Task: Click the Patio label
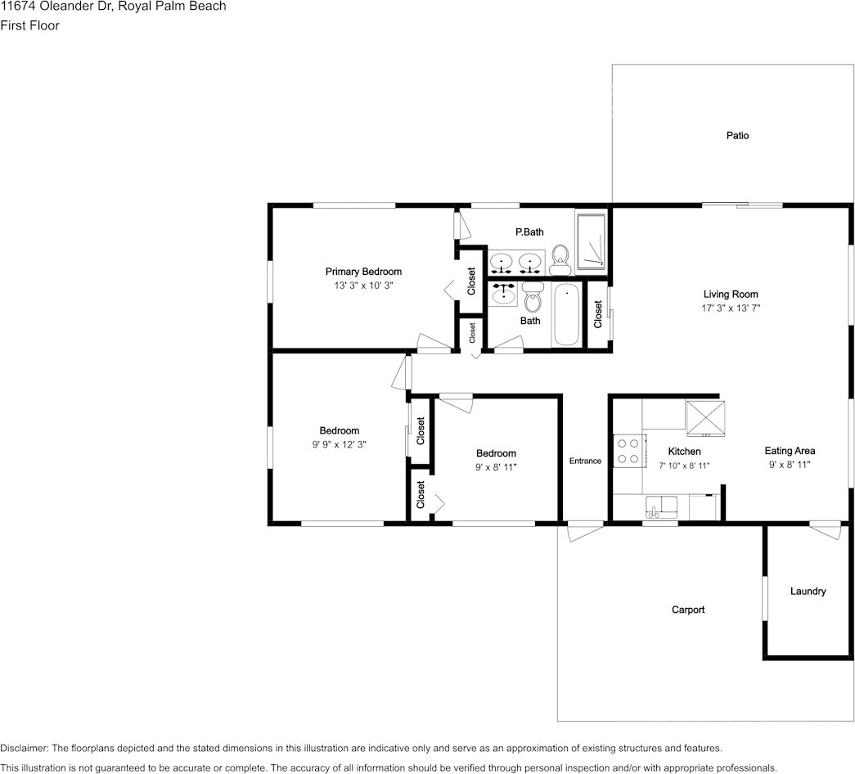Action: click(x=737, y=135)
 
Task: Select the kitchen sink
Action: click(x=661, y=506)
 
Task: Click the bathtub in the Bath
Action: click(x=566, y=314)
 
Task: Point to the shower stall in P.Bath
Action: click(x=591, y=241)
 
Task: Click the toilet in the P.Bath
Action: click(x=560, y=260)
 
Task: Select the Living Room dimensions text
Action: click(x=731, y=308)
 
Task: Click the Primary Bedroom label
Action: click(x=363, y=272)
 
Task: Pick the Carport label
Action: click(x=688, y=610)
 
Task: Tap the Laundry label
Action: click(x=808, y=592)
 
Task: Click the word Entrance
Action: click(x=585, y=461)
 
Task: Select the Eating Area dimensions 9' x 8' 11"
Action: click(x=790, y=465)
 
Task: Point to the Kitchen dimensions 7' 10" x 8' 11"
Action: click(x=684, y=466)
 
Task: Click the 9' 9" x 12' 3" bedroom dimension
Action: click(x=340, y=444)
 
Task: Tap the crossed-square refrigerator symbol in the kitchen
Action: click(x=705, y=418)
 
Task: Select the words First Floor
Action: click(x=30, y=25)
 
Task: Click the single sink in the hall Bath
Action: click(x=502, y=294)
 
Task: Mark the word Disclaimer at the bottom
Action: click(x=24, y=749)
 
